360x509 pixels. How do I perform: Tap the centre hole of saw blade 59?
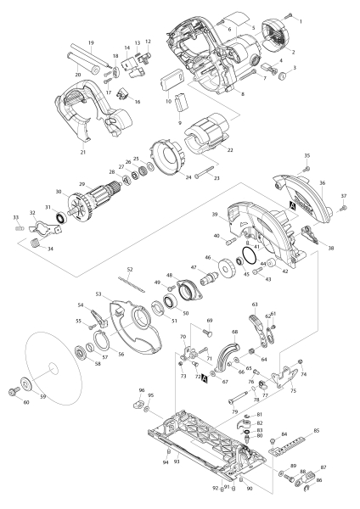point(53,366)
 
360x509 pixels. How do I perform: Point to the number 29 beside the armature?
point(82,185)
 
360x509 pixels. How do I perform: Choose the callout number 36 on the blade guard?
point(322,182)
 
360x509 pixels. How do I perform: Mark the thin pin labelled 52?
point(130,277)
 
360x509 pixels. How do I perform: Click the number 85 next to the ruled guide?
point(317,431)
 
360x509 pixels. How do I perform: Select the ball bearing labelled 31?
point(60,221)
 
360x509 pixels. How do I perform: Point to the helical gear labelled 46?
point(227,273)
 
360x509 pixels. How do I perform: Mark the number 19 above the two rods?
point(90,42)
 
